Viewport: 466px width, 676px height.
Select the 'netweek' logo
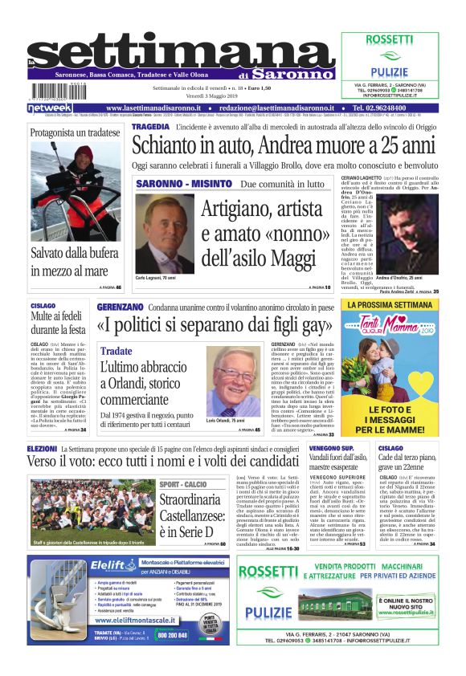tap(50, 108)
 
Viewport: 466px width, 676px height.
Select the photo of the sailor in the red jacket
tap(76, 191)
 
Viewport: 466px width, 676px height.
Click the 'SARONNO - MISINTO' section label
tap(183, 184)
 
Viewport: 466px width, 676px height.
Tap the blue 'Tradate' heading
tap(117, 352)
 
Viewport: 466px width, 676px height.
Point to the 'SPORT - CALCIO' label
tap(183, 484)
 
